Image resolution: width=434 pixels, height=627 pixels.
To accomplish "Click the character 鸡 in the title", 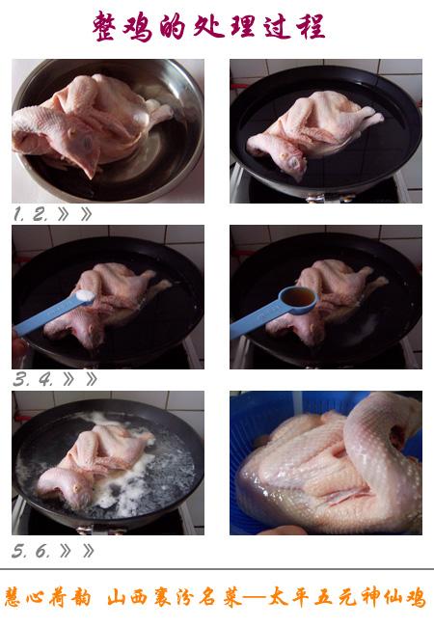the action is (x=138, y=27).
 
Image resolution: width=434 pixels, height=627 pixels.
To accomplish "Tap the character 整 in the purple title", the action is (x=105, y=26).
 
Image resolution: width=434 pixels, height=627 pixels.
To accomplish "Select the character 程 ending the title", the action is (x=311, y=26).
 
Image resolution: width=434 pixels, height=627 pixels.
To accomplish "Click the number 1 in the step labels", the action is (x=18, y=214).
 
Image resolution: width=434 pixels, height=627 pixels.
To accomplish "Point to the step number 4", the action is (x=45, y=379).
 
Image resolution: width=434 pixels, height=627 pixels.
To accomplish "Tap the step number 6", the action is (x=42, y=552).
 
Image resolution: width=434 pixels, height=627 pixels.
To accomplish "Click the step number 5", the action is (x=18, y=552).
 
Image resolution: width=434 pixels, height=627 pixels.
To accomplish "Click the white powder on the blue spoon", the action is (x=85, y=295).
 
